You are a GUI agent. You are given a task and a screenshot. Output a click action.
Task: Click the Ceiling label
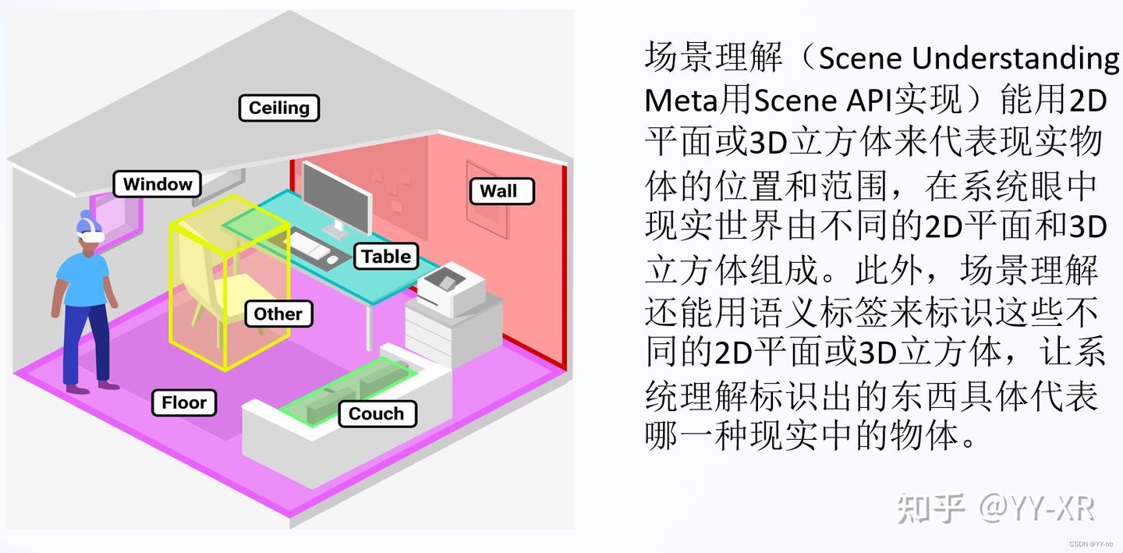278,108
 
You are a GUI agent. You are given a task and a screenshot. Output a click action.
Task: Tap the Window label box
158,185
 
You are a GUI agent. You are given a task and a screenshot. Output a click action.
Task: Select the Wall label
498,191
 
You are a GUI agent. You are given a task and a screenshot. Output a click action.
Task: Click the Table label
386,257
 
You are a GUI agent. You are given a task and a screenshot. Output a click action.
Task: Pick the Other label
278,314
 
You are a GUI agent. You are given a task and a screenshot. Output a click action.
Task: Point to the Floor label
184,403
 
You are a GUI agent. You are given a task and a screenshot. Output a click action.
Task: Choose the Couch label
376,414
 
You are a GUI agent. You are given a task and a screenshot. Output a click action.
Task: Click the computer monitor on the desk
335,195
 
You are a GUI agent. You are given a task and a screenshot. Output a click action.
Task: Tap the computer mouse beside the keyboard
333,260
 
